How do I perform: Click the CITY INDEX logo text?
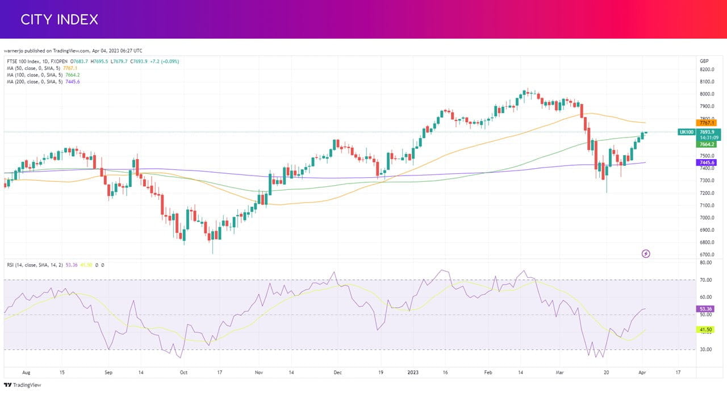coord(59,19)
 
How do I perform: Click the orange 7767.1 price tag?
coord(706,123)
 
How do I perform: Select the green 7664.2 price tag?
coord(706,144)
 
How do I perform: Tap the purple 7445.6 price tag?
coord(706,162)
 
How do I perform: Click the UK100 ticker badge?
coord(687,132)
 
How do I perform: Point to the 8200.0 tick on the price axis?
coord(707,69)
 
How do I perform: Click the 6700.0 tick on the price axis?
coord(707,254)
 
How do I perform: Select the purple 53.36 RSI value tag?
coord(705,308)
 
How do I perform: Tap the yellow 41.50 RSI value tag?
coord(705,329)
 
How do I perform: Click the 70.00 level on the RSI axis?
coord(706,280)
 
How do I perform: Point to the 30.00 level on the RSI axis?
coord(706,349)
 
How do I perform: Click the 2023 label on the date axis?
coord(413,372)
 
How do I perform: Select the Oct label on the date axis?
coord(183,372)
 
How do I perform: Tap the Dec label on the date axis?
coord(337,372)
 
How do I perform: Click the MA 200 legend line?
coord(43,82)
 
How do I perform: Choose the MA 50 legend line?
coord(42,68)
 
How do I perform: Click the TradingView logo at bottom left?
coord(23,385)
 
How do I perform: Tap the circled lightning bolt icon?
coord(646,254)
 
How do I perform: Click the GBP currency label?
coord(704,61)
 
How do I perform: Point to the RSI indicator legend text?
coord(56,265)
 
